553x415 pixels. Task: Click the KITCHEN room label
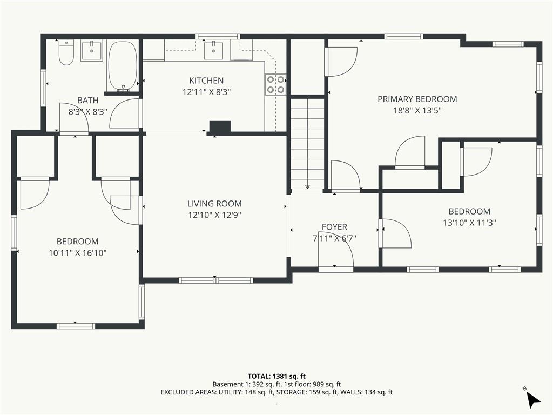pos(206,81)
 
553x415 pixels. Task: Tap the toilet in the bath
pos(66,52)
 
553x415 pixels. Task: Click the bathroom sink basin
pos(92,51)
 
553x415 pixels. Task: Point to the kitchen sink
pos(214,50)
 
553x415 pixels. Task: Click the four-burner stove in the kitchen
pos(276,85)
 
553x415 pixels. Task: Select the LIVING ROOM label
pos(214,204)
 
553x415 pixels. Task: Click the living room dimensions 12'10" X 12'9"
pos(214,215)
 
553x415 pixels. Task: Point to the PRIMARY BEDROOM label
pos(417,99)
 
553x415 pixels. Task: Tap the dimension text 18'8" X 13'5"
pos(417,110)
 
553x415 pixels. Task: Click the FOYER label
pos(334,227)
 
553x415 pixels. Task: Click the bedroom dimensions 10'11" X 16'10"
pos(78,253)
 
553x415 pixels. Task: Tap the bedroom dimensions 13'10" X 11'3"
pos(469,223)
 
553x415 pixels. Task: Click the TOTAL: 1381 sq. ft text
pos(274,376)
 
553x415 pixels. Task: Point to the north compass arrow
pos(532,399)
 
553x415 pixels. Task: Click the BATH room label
pos(88,101)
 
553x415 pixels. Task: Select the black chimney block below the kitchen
pos(220,126)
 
